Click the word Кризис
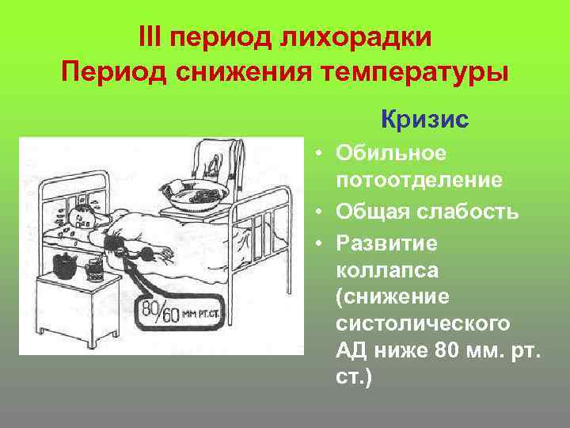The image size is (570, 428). [424, 120]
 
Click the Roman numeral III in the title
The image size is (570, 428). [151, 36]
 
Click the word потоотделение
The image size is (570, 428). [419, 181]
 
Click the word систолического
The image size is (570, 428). [423, 325]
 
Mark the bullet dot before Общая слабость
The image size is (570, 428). [317, 212]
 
